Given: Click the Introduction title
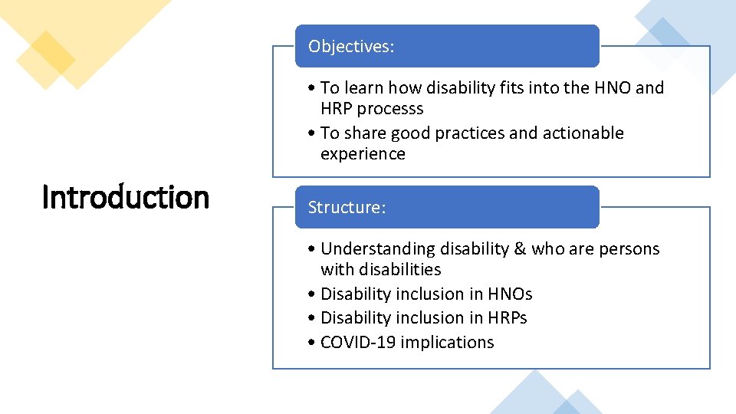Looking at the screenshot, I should tap(125, 198).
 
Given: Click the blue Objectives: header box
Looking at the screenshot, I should tap(447, 46).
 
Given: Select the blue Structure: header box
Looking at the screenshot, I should tap(447, 207).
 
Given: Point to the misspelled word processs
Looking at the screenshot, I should tap(395, 109).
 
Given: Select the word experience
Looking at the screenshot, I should tap(363, 154).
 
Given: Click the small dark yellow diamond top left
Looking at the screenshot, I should tap(45, 60).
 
